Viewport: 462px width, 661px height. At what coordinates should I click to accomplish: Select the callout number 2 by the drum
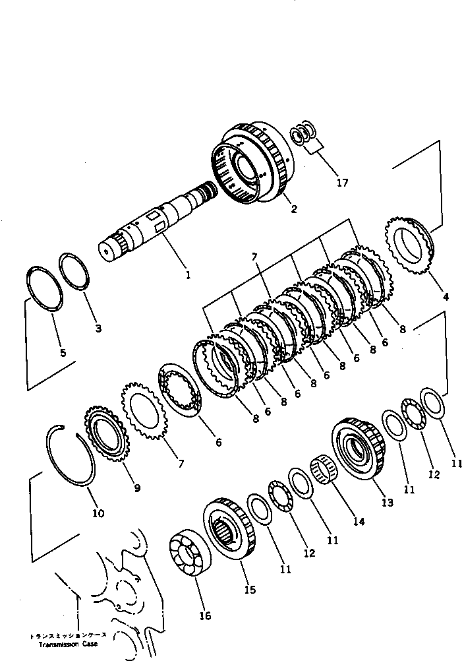pos(293,210)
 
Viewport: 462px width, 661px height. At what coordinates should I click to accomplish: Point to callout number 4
pos(446,297)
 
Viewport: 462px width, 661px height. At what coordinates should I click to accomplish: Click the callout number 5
pos(63,353)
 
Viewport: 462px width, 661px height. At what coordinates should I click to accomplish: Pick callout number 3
pos(98,328)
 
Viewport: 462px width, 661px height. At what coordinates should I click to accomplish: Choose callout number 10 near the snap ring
pos(99,513)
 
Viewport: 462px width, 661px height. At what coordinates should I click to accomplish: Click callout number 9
pos(137,488)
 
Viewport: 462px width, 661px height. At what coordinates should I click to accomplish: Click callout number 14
pos(359,521)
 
